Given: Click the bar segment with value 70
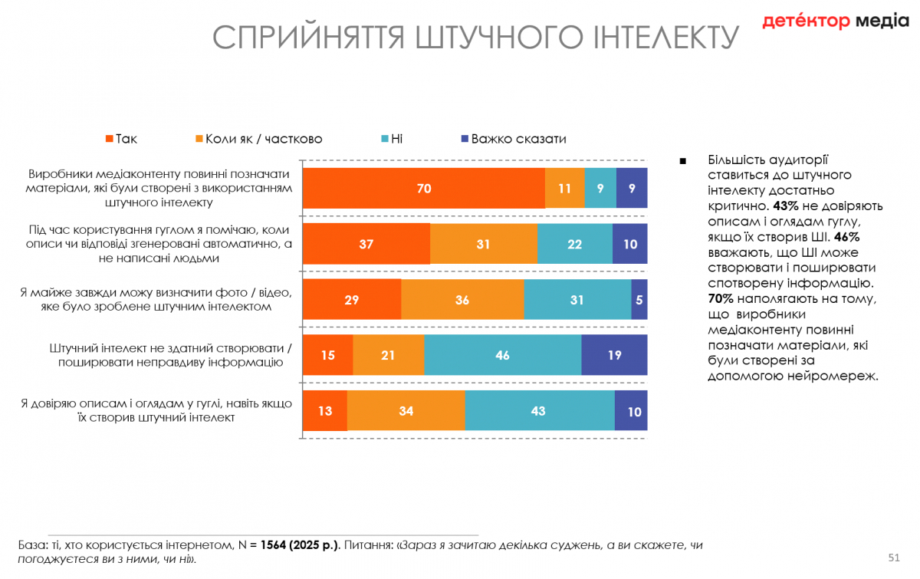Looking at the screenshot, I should pyautogui.click(x=424, y=188).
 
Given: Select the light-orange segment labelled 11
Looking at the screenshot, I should pyautogui.click(x=565, y=188).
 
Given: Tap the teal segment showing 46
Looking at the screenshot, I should pyautogui.click(x=502, y=355).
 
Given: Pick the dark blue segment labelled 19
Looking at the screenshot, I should pyautogui.click(x=614, y=355).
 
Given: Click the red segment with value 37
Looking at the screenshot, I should pyautogui.click(x=366, y=244).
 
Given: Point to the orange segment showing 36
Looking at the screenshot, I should pyautogui.click(x=462, y=300).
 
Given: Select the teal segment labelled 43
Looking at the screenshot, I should pyautogui.click(x=539, y=411).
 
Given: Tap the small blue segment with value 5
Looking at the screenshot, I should pyautogui.click(x=639, y=300).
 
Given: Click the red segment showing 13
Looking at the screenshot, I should pyautogui.click(x=325, y=411).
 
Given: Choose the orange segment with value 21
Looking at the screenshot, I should pyautogui.click(x=388, y=355).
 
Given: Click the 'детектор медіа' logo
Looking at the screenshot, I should pyautogui.click(x=835, y=21).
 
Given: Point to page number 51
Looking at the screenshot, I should pyautogui.click(x=894, y=556).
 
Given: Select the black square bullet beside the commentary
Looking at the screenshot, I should pyautogui.click(x=683, y=161).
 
